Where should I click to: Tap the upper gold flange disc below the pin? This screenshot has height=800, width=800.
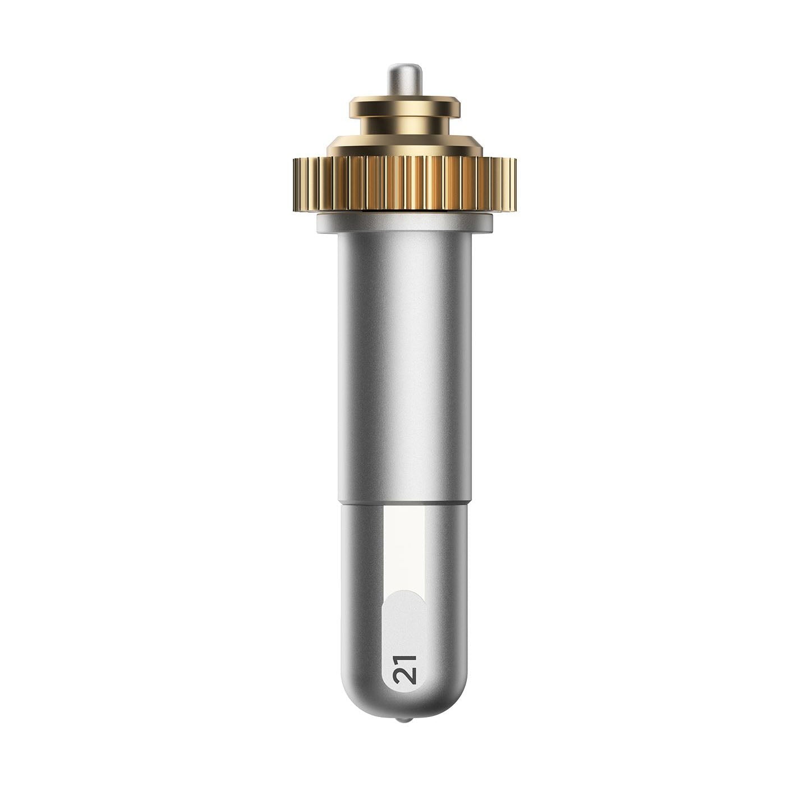[404, 107]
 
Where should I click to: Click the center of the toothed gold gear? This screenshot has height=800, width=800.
[404, 185]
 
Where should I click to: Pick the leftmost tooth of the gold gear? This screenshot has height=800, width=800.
[296, 185]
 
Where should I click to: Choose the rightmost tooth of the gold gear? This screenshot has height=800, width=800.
[513, 185]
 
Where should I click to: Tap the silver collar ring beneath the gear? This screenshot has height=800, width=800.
[404, 223]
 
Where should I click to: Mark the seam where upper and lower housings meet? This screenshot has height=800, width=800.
[404, 504]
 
